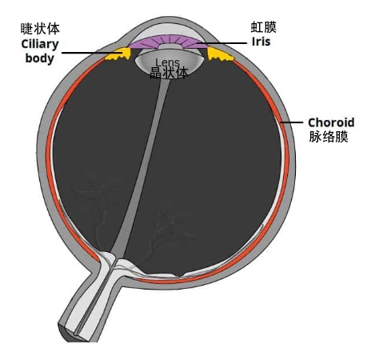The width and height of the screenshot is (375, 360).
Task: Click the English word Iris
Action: [261, 42]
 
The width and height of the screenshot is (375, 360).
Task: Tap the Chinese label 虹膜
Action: [263, 27]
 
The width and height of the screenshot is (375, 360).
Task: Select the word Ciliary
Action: [40, 45]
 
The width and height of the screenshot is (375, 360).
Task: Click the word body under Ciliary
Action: [39, 58]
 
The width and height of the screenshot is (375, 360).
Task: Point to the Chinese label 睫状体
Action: [40, 29]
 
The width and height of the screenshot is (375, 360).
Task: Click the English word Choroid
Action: [331, 122]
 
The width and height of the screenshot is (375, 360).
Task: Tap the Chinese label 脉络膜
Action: [329, 137]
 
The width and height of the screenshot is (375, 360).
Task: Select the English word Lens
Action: [168, 62]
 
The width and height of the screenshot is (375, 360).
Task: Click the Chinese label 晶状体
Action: [169, 73]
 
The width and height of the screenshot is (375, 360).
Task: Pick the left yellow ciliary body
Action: [118, 54]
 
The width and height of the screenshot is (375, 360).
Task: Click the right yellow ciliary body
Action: [218, 54]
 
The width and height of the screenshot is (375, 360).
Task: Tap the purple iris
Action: [169, 42]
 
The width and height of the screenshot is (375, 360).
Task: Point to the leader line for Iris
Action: [222, 43]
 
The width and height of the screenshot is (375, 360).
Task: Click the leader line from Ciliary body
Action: [93, 53]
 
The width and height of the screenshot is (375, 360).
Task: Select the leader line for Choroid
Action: [291, 122]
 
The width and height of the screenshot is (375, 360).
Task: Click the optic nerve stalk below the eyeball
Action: [88, 304]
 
